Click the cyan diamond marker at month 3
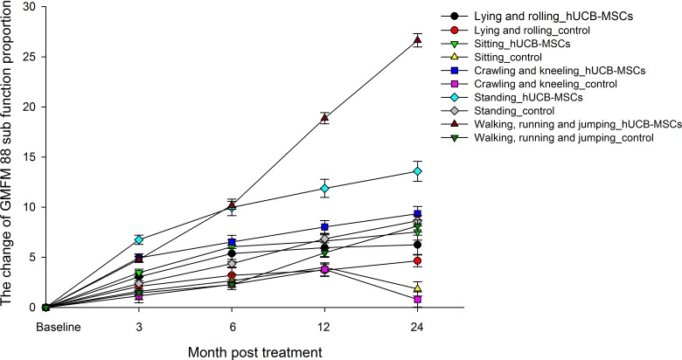click(138, 239)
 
